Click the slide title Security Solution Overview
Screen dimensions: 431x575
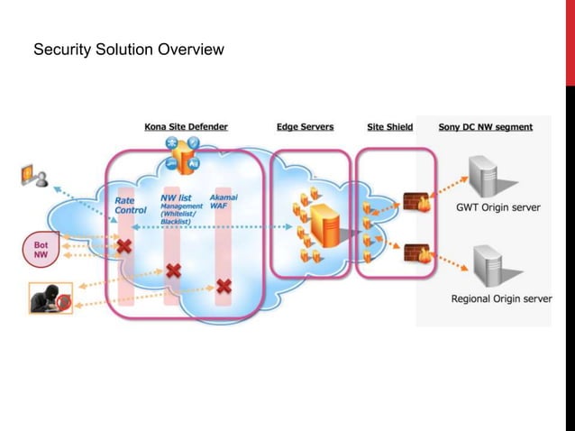128,50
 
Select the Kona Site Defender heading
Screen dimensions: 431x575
186,127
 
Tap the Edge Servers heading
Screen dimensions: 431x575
305,127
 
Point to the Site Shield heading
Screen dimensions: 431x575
389,127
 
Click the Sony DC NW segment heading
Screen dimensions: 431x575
485,127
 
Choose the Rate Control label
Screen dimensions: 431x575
130,206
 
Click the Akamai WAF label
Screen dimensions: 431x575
224,201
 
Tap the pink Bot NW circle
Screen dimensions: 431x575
40,250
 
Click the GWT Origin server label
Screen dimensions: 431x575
497,207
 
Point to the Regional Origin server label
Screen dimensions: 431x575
501,298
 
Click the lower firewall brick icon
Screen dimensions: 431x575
416,253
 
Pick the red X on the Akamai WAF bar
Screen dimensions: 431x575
223,287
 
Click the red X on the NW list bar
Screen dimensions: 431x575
172,270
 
